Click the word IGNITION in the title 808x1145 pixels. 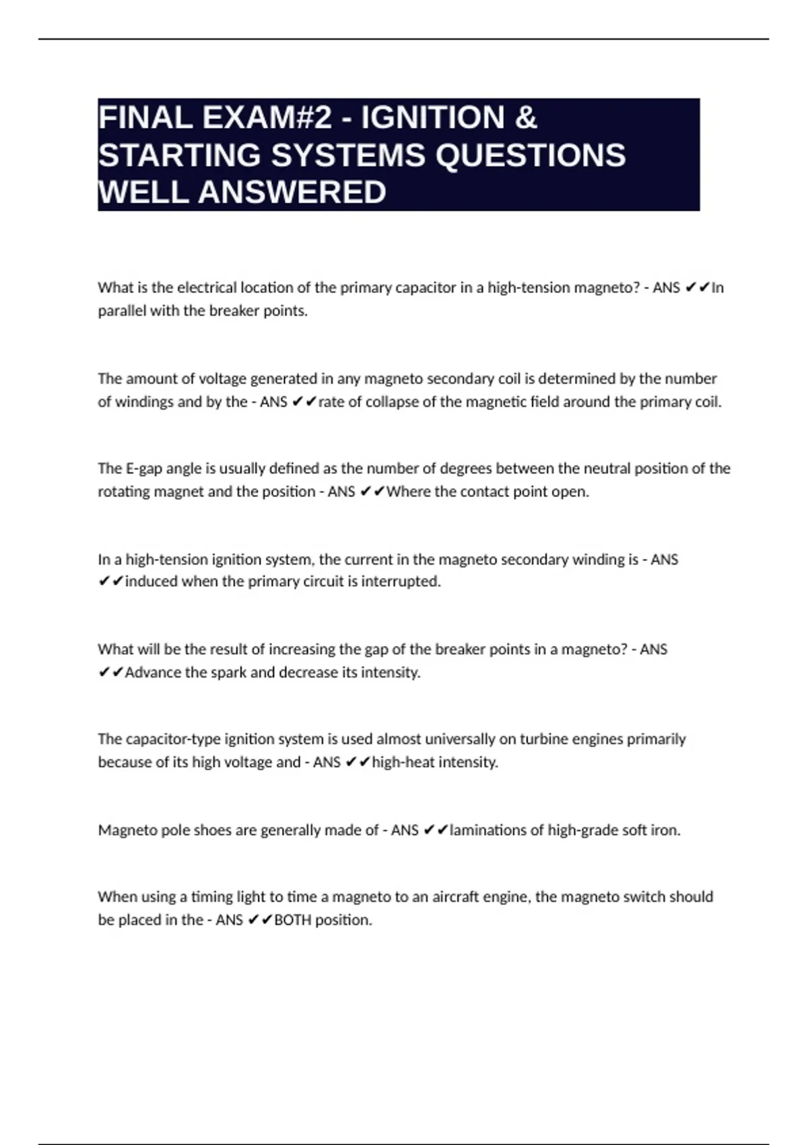coord(433,118)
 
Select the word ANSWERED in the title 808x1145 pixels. coord(292,192)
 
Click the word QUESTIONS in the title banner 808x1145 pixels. coord(531,155)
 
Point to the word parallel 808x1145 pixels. coord(122,311)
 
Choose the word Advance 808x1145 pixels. coord(153,672)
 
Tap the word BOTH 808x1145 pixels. coord(293,920)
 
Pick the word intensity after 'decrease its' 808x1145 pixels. coord(391,672)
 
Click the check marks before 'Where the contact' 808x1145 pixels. coord(372,492)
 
